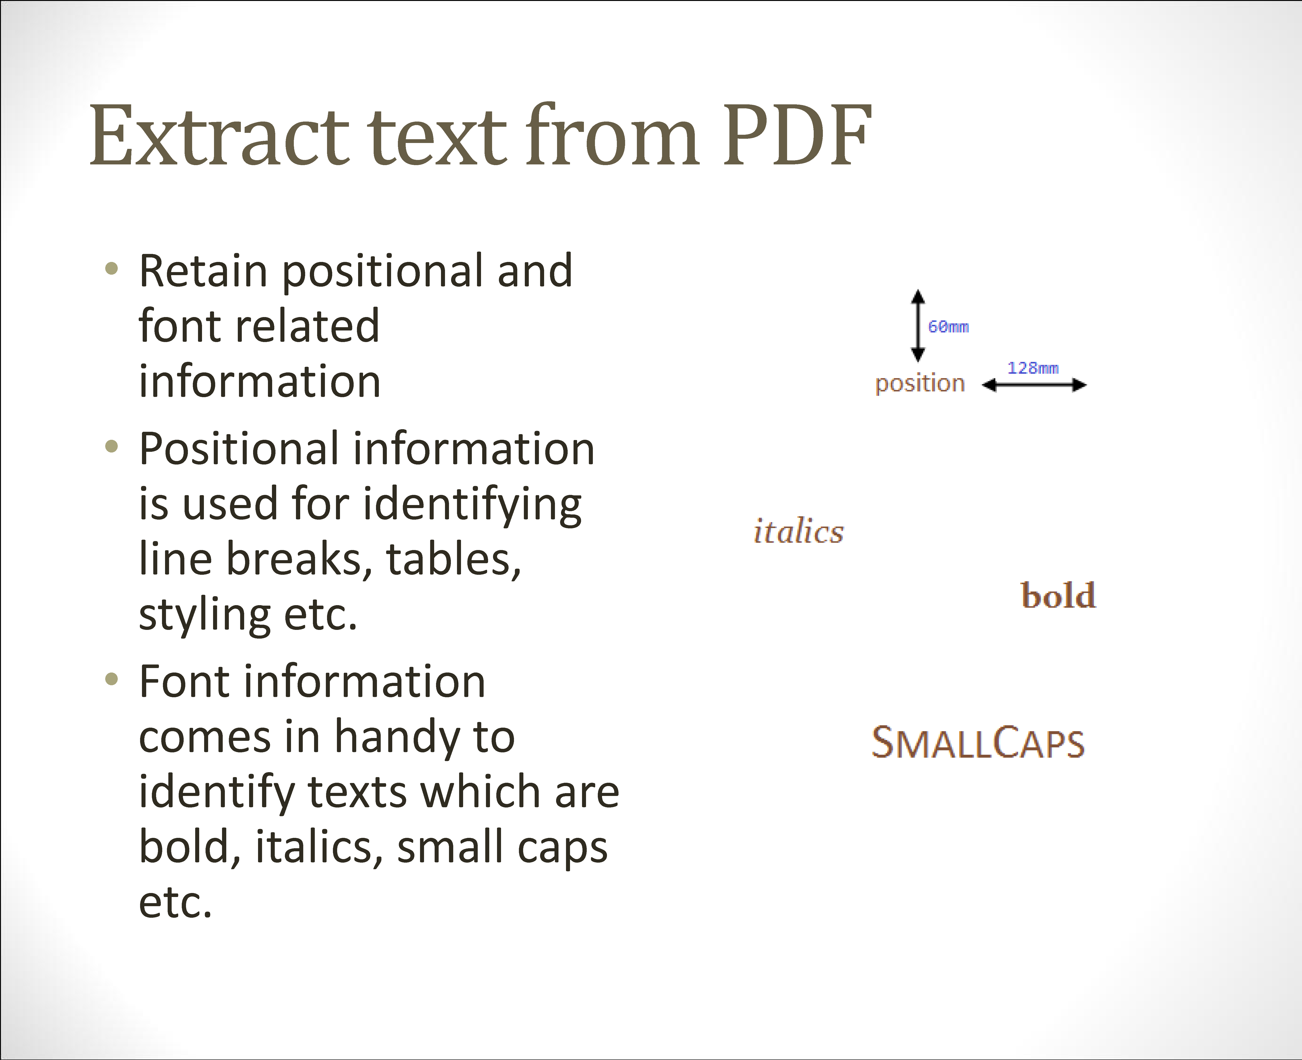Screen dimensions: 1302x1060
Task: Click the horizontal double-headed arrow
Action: point(1034,385)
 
